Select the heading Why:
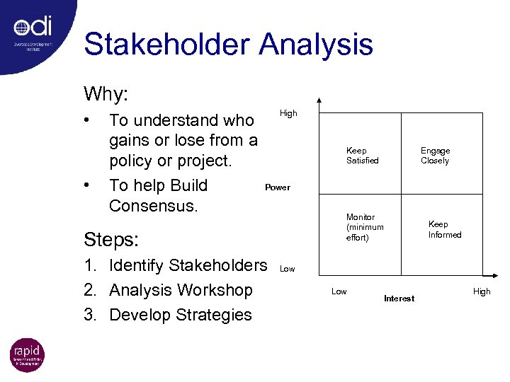pyautogui.click(x=106, y=93)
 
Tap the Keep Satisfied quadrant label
pyautogui.click(x=362, y=156)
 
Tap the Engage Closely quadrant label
pyautogui.click(x=435, y=156)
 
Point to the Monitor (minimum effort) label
pyautogui.click(x=365, y=227)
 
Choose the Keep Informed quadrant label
pyautogui.click(x=444, y=229)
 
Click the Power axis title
pyautogui.click(x=277, y=187)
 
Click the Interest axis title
pyautogui.click(x=399, y=299)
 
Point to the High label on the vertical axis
pyautogui.click(x=288, y=113)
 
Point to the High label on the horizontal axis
pyautogui.click(x=481, y=291)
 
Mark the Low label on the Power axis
pyautogui.click(x=287, y=269)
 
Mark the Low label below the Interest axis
pyautogui.click(x=339, y=291)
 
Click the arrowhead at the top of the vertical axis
pyautogui.click(x=319, y=101)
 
